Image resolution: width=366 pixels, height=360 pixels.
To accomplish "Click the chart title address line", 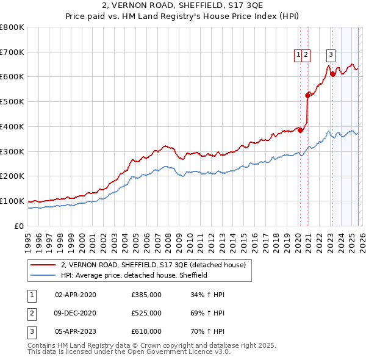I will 183,6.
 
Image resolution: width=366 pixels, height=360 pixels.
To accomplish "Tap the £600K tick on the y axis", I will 12,77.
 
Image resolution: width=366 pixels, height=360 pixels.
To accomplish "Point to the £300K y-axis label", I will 12,151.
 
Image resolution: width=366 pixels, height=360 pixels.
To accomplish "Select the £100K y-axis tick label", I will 12,201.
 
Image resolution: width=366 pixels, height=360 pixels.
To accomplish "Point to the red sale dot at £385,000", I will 300,130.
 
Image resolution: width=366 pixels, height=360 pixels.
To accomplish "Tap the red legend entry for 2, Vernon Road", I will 152,265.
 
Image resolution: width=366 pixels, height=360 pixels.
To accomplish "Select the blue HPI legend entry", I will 134,275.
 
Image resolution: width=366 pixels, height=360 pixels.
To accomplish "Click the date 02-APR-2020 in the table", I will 76,295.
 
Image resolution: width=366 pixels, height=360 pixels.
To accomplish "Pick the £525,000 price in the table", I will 146,313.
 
